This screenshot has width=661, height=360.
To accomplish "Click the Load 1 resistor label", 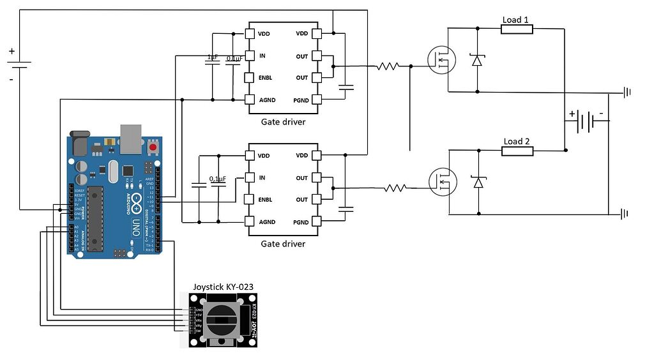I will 516,20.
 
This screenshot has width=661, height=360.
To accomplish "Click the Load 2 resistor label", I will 517,142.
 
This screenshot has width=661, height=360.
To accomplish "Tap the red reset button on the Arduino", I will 153,148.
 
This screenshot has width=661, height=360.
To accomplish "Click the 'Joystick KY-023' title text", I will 224,287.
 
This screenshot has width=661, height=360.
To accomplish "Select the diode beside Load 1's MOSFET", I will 476,60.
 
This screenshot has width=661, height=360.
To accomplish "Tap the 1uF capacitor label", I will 213,57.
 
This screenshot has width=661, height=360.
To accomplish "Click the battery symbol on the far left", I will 20,64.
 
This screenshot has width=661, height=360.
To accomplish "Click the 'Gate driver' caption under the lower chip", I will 283,244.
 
